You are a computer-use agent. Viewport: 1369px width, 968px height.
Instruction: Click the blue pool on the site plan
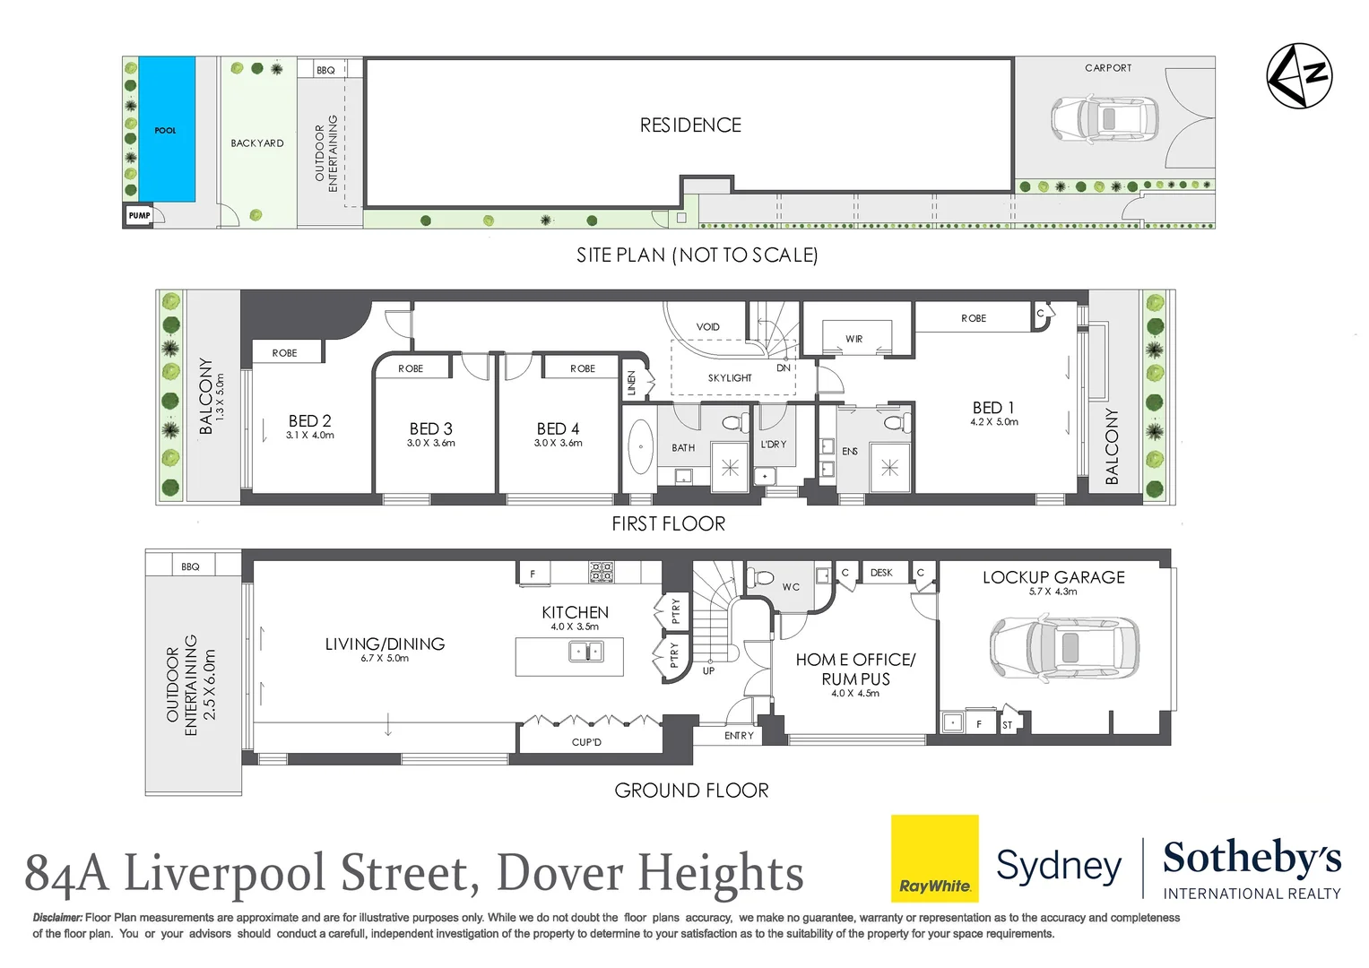[x=167, y=129]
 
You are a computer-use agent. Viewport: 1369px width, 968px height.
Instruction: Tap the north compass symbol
[x=1298, y=76]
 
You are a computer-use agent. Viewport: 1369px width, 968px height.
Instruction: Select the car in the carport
[x=1104, y=118]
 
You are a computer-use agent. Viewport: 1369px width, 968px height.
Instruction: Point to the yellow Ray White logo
[x=934, y=858]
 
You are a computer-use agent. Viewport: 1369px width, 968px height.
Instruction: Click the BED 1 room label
[x=993, y=409]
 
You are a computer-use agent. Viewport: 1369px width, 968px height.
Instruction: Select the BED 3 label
[x=430, y=429]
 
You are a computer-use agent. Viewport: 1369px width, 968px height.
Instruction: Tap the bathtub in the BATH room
[x=640, y=445]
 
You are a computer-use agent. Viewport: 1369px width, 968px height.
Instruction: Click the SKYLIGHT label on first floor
[x=730, y=378]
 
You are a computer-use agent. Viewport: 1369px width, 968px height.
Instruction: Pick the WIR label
[x=853, y=339]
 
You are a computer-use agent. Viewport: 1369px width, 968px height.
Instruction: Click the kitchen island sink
[x=586, y=652]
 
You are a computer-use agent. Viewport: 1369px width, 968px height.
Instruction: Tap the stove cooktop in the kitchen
[x=601, y=572]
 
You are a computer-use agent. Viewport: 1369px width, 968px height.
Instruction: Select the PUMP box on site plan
[x=139, y=216]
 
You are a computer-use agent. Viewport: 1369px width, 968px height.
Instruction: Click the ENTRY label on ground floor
[x=739, y=736]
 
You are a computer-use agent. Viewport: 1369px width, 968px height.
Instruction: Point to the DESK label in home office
[x=880, y=573]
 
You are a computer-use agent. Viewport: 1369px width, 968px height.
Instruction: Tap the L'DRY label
[x=773, y=445]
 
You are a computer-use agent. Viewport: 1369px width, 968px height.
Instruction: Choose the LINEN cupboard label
[x=631, y=384]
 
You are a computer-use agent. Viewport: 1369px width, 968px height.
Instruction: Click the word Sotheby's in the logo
[x=1252, y=859]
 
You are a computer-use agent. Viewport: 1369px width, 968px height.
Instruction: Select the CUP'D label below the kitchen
[x=586, y=742]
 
